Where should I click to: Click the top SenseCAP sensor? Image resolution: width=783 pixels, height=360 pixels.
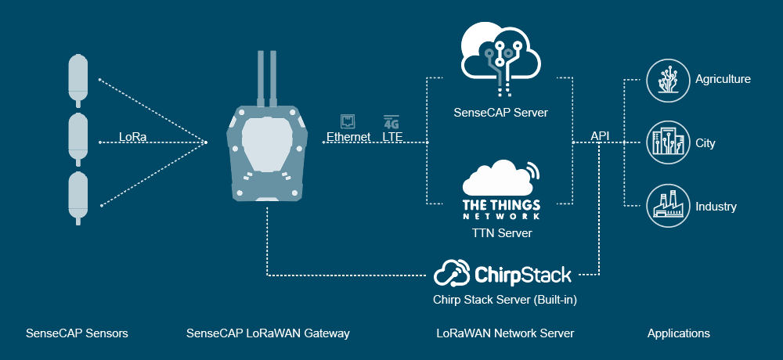click(x=79, y=78)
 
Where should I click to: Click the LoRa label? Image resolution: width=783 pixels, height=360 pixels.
click(x=132, y=137)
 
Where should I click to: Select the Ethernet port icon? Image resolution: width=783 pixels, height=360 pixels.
click(x=348, y=121)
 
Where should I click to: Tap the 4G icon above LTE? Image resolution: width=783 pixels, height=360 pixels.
click(x=391, y=121)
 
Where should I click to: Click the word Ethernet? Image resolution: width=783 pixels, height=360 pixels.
click(x=348, y=137)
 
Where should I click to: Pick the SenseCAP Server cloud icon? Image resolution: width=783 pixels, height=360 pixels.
click(x=500, y=52)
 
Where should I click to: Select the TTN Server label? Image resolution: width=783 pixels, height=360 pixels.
click(x=501, y=233)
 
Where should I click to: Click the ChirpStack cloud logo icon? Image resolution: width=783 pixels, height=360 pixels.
click(x=452, y=274)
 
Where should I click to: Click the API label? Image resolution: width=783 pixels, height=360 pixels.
click(x=601, y=137)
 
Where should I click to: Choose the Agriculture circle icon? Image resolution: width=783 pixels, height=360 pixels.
click(x=665, y=79)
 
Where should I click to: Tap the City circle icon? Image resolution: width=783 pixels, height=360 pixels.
click(x=665, y=143)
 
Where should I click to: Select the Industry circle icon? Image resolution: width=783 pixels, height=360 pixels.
click(x=665, y=207)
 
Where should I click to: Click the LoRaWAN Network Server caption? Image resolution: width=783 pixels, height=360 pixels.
click(x=505, y=333)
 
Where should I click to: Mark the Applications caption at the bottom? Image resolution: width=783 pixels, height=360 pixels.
click(x=678, y=333)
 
